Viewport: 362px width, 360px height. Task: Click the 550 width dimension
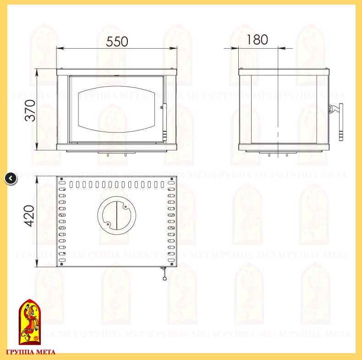(117, 42)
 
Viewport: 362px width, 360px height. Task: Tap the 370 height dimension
(30, 111)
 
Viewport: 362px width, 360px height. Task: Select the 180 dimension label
(257, 39)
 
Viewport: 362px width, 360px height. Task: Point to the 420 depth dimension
(29, 216)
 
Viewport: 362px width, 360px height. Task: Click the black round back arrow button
(11, 178)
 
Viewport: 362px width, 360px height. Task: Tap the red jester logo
(29, 322)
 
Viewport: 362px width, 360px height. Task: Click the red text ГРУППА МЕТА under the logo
(31, 352)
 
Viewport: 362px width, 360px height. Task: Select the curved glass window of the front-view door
(116, 109)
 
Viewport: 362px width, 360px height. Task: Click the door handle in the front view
(165, 122)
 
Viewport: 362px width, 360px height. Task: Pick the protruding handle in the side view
(341, 122)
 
